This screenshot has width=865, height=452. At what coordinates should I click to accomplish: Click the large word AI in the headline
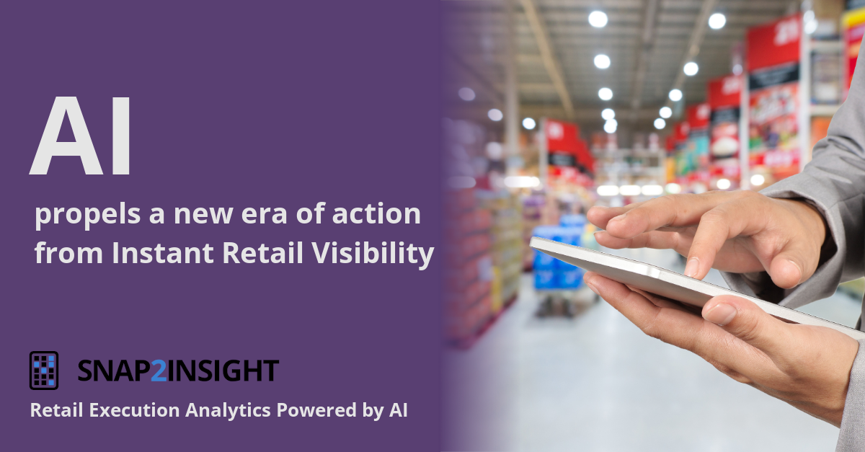coord(81,137)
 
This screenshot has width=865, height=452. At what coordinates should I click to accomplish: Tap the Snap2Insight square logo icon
coord(44,371)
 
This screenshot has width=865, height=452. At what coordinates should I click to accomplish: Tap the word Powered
coord(311,411)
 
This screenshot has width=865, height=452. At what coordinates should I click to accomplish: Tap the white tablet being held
coord(649,278)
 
